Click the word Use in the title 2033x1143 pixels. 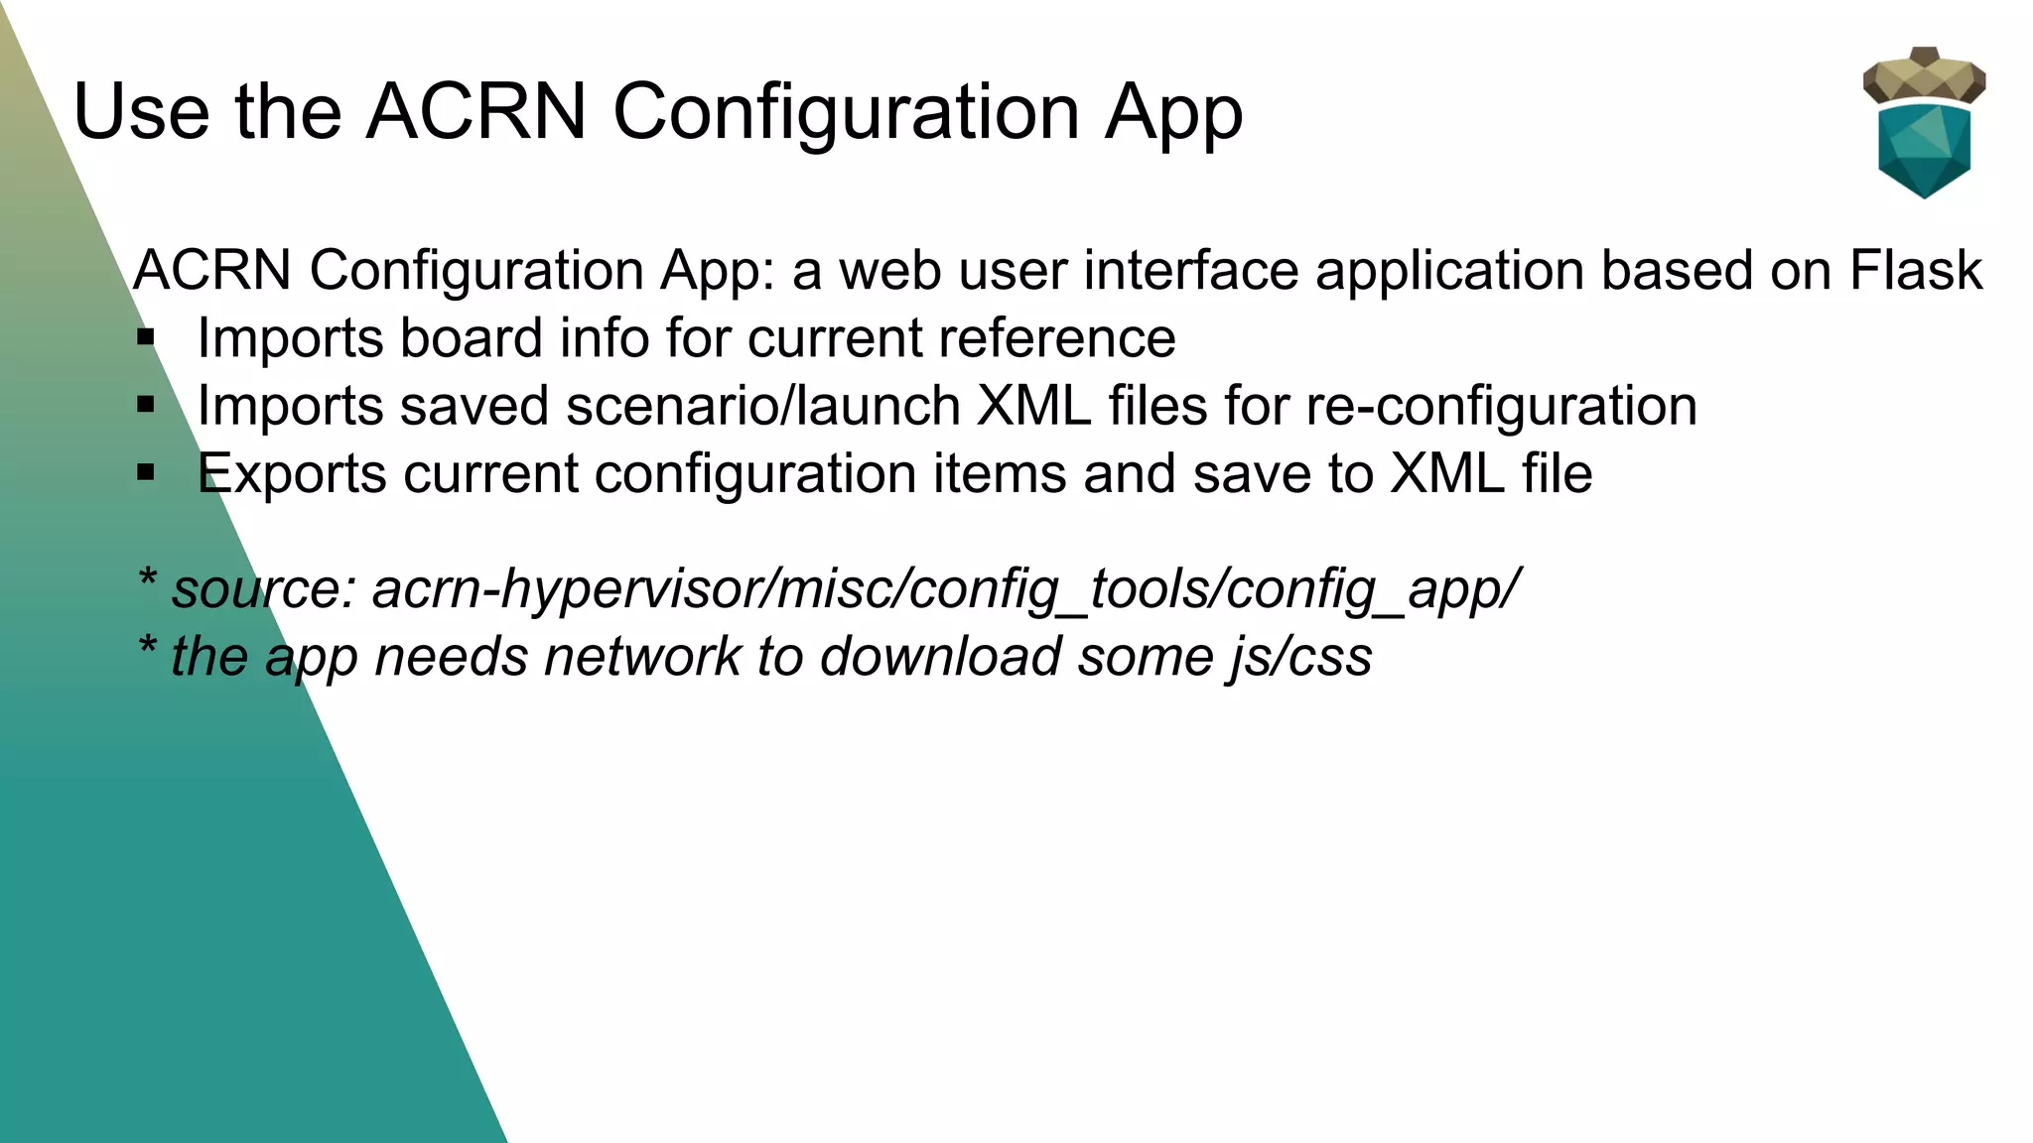[141, 111]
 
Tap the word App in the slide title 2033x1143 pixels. [1173, 113]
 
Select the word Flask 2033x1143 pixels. [1915, 270]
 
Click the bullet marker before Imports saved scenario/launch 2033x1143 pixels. [147, 406]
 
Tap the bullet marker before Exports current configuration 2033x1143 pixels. [147, 473]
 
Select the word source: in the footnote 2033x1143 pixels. [264, 589]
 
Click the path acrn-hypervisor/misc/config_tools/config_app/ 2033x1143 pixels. [946, 590]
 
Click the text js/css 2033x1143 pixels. [1300, 658]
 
